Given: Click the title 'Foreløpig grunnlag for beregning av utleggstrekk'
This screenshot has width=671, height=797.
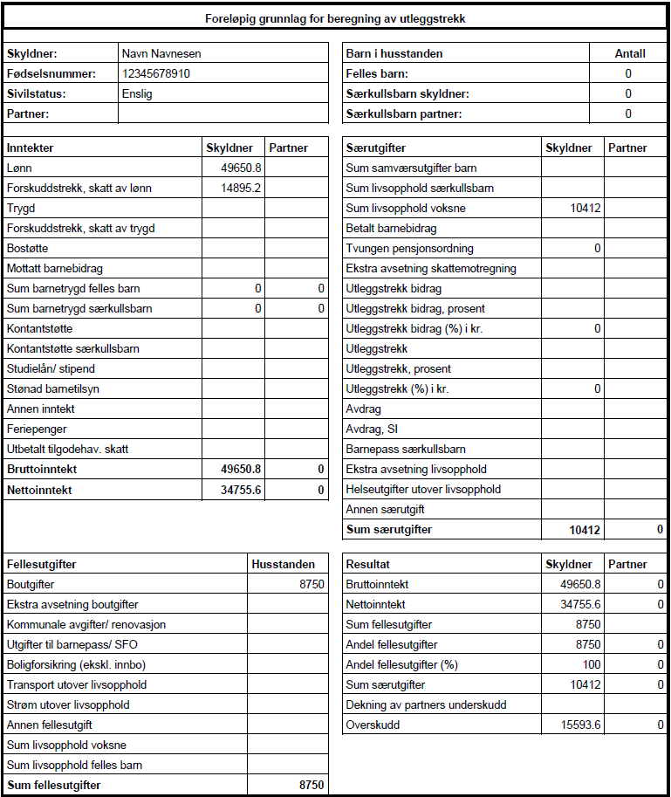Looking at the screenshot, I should coord(335,18).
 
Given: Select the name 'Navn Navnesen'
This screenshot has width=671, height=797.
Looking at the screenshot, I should coord(161,53).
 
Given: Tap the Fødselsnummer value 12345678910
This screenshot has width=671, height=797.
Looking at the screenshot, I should coord(156,73).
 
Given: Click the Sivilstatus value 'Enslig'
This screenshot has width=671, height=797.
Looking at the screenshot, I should coord(137,93).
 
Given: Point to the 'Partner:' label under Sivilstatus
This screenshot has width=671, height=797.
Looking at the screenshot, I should coord(28,113).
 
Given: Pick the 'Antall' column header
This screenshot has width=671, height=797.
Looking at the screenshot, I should coord(629,53).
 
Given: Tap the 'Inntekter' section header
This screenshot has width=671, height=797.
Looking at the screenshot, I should coord(30,148).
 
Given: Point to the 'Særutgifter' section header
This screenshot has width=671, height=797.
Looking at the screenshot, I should coord(376,148).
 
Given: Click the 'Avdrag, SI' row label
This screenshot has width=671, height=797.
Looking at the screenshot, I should coord(372,429).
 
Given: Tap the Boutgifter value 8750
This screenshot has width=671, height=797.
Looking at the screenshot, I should coord(311,584).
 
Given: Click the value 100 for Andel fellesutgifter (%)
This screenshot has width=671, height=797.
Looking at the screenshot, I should coord(591,664).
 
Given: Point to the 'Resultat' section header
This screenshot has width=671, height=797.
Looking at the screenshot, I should coord(368,564).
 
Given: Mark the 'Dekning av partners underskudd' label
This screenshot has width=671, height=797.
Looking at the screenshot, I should coord(426,704).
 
